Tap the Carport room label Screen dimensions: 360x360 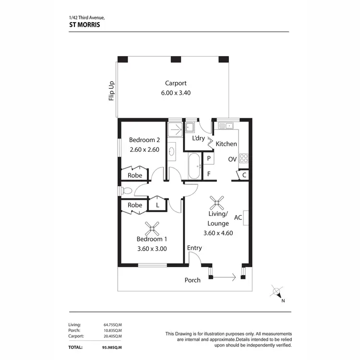(176, 83)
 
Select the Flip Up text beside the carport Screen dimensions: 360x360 (111, 90)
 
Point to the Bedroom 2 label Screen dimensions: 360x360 (144, 140)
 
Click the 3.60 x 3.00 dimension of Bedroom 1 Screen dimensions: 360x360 (152, 249)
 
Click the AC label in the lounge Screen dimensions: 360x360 (238, 217)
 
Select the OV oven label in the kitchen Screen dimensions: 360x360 (232, 159)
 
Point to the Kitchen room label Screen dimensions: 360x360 (226, 144)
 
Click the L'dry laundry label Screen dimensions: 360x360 (198, 139)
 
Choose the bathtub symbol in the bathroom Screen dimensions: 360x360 (194, 166)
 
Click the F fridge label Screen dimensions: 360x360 (209, 174)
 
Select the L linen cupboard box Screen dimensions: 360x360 (156, 205)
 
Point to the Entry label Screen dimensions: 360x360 (194, 248)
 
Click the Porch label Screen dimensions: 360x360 (192, 280)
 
